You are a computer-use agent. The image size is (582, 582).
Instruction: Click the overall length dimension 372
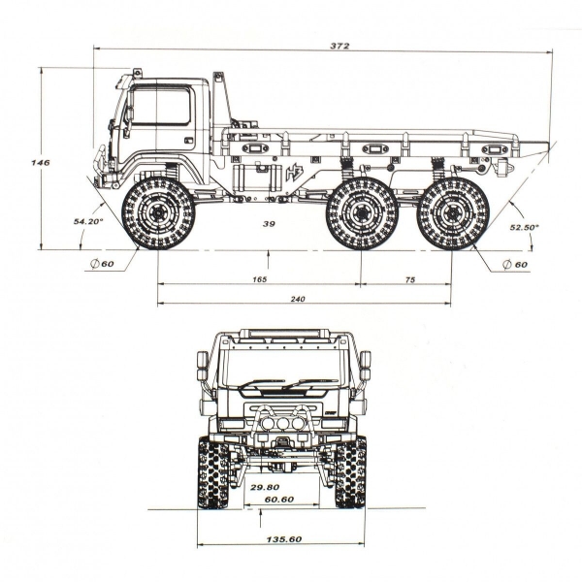(339, 46)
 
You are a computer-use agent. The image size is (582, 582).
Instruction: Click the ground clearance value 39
(269, 223)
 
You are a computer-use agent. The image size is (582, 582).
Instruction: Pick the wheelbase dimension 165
(259, 279)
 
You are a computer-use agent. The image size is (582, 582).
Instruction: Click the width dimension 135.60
(282, 540)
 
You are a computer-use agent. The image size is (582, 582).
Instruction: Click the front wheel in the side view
(158, 213)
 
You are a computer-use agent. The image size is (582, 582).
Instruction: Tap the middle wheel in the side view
(362, 213)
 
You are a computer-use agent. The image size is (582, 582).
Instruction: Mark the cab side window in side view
(160, 106)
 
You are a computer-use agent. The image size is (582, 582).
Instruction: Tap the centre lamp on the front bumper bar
(282, 423)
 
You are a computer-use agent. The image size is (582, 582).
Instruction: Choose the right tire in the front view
(351, 472)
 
